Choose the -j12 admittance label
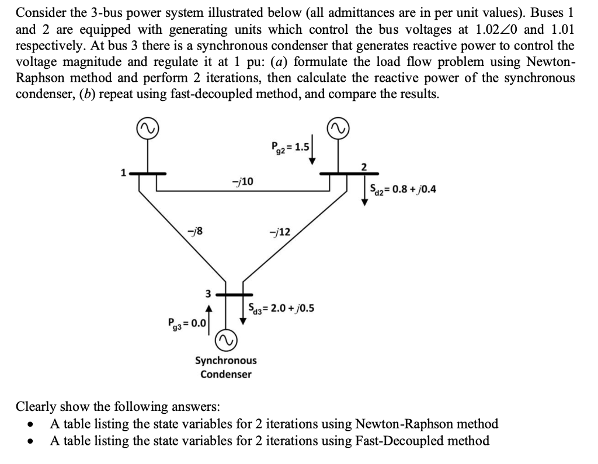(277, 232)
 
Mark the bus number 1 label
(123, 173)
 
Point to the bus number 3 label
(207, 294)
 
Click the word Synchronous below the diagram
(225, 361)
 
